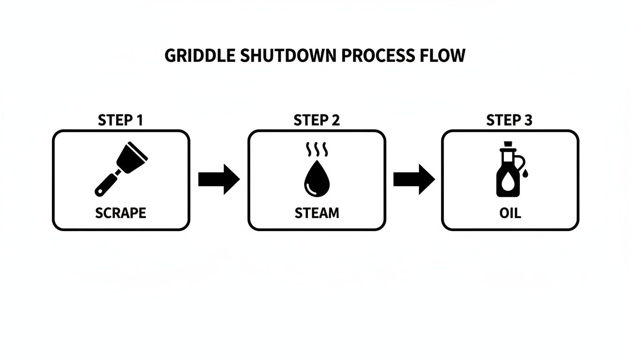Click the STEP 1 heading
click(x=120, y=120)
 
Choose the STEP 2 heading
click(x=316, y=120)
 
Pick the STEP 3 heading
click(x=509, y=120)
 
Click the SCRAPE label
click(x=120, y=213)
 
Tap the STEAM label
click(x=316, y=213)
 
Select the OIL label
click(x=510, y=213)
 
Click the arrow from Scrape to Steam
click(x=218, y=179)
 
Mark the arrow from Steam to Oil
click(x=413, y=179)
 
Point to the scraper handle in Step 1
click(x=105, y=184)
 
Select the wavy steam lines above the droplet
click(x=317, y=150)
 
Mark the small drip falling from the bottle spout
click(x=526, y=174)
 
